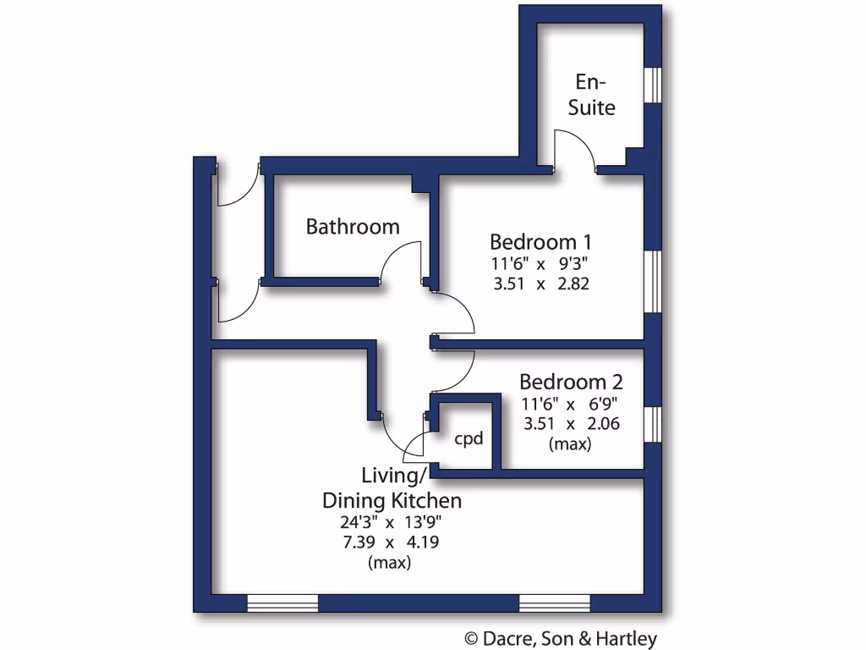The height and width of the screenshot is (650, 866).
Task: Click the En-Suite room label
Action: click(591, 95)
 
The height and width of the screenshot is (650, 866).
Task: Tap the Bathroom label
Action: click(353, 227)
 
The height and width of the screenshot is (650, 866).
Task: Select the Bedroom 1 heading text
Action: click(540, 242)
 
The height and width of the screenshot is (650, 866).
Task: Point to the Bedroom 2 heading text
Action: click(571, 381)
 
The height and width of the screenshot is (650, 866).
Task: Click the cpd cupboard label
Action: click(469, 439)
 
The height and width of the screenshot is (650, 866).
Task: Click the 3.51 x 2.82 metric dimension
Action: click(540, 284)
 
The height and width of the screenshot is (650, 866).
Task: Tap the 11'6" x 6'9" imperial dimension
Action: click(572, 404)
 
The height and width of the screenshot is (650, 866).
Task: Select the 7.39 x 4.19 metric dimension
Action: click(390, 542)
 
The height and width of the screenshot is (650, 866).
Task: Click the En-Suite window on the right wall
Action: click(652, 84)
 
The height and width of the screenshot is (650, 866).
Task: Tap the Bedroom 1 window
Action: click(652, 280)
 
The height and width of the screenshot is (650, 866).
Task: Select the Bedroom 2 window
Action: click(652, 424)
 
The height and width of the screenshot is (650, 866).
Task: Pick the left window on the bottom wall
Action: click(282, 603)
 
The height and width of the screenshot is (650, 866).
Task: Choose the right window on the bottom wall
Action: click(554, 603)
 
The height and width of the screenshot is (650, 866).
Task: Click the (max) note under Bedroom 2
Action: click(571, 443)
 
